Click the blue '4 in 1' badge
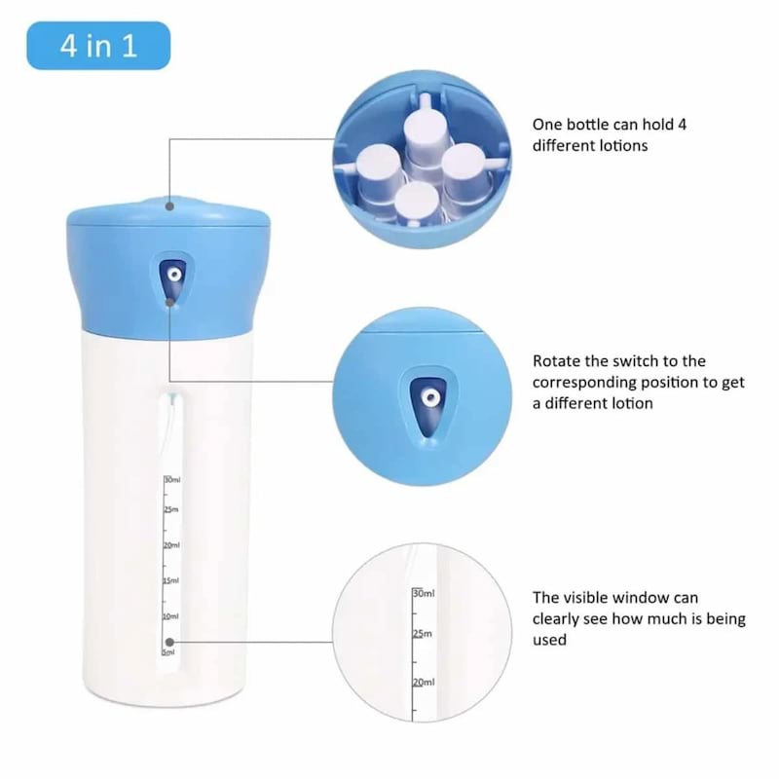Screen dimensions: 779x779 point(98,46)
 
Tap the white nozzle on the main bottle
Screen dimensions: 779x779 point(174,275)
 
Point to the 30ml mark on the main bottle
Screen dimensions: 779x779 point(172,480)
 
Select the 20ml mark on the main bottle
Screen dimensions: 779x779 point(171,545)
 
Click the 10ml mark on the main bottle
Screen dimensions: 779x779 point(170,616)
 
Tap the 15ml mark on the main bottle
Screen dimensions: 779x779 point(171,580)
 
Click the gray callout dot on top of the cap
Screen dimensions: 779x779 point(169,205)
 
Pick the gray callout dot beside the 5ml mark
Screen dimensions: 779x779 point(169,642)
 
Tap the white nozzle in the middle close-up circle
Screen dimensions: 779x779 point(429,397)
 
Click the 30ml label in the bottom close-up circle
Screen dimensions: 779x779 point(424,594)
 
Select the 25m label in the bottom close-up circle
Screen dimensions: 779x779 point(423,634)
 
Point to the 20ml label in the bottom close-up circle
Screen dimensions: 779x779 point(424,683)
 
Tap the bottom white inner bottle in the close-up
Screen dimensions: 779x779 point(418,203)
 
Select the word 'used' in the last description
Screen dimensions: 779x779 point(549,640)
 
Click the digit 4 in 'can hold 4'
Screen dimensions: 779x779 point(682,125)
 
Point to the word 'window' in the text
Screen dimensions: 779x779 point(640,598)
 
